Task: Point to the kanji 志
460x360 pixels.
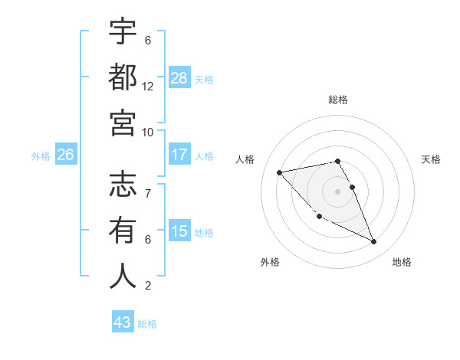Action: [x=123, y=185]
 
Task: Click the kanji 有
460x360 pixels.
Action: [x=123, y=231]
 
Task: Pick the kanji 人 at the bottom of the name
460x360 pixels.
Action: [x=123, y=276]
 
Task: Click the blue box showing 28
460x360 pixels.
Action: [x=179, y=78]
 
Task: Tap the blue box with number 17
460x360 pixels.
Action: [x=179, y=155]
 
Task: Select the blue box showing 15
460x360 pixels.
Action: [x=179, y=231]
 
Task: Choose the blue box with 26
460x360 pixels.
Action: [x=65, y=155]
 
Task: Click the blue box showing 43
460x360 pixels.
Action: [x=123, y=322]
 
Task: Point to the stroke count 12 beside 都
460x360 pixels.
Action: [x=148, y=86]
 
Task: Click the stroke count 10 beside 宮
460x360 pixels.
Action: [x=148, y=131]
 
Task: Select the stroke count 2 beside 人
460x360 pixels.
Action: [x=148, y=286]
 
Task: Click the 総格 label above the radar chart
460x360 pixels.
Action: [x=338, y=100]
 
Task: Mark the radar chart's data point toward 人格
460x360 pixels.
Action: [x=280, y=172]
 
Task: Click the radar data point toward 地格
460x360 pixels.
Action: [x=374, y=242]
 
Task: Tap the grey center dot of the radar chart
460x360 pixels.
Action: [x=338, y=191]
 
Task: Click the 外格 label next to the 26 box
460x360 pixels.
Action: [x=41, y=155]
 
